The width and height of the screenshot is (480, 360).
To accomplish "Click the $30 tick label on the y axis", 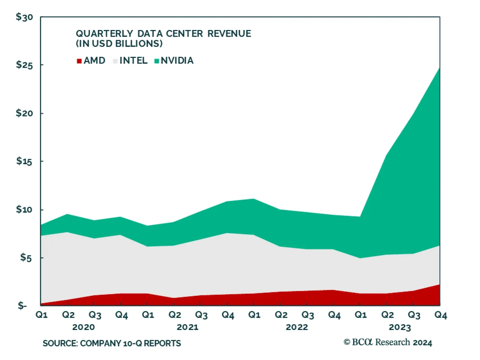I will tap(24, 17).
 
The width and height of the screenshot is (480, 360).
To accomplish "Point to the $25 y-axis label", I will tap(24, 65).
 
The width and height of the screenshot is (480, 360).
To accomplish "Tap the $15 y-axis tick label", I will tap(24, 161).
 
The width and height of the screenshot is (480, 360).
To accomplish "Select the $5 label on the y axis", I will tap(26, 257).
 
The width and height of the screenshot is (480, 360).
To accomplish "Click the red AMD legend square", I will tap(79, 61).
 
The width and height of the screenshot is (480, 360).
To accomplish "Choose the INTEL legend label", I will tap(133, 61).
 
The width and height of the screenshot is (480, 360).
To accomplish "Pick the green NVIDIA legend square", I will tap(157, 61).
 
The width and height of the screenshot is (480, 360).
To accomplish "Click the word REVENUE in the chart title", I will tap(229, 34).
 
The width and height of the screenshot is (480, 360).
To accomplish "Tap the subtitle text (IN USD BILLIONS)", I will tap(119, 44).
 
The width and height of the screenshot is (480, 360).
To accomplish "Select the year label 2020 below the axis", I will tap(83, 327).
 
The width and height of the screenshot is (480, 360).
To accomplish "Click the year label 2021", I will tap(187, 327).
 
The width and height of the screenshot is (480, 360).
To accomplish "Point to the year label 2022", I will tap(297, 327).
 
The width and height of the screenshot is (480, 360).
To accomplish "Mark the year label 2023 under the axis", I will tap(400, 327).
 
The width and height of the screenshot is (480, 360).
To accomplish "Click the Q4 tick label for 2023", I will tap(441, 315).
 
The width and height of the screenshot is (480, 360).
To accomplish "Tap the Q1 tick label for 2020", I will tap(42, 315).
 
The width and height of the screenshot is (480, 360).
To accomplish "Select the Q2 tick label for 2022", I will tap(281, 315).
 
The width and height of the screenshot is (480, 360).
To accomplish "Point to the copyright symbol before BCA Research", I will tap(347, 342).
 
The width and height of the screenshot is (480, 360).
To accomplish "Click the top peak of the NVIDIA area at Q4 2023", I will tap(439, 68).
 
